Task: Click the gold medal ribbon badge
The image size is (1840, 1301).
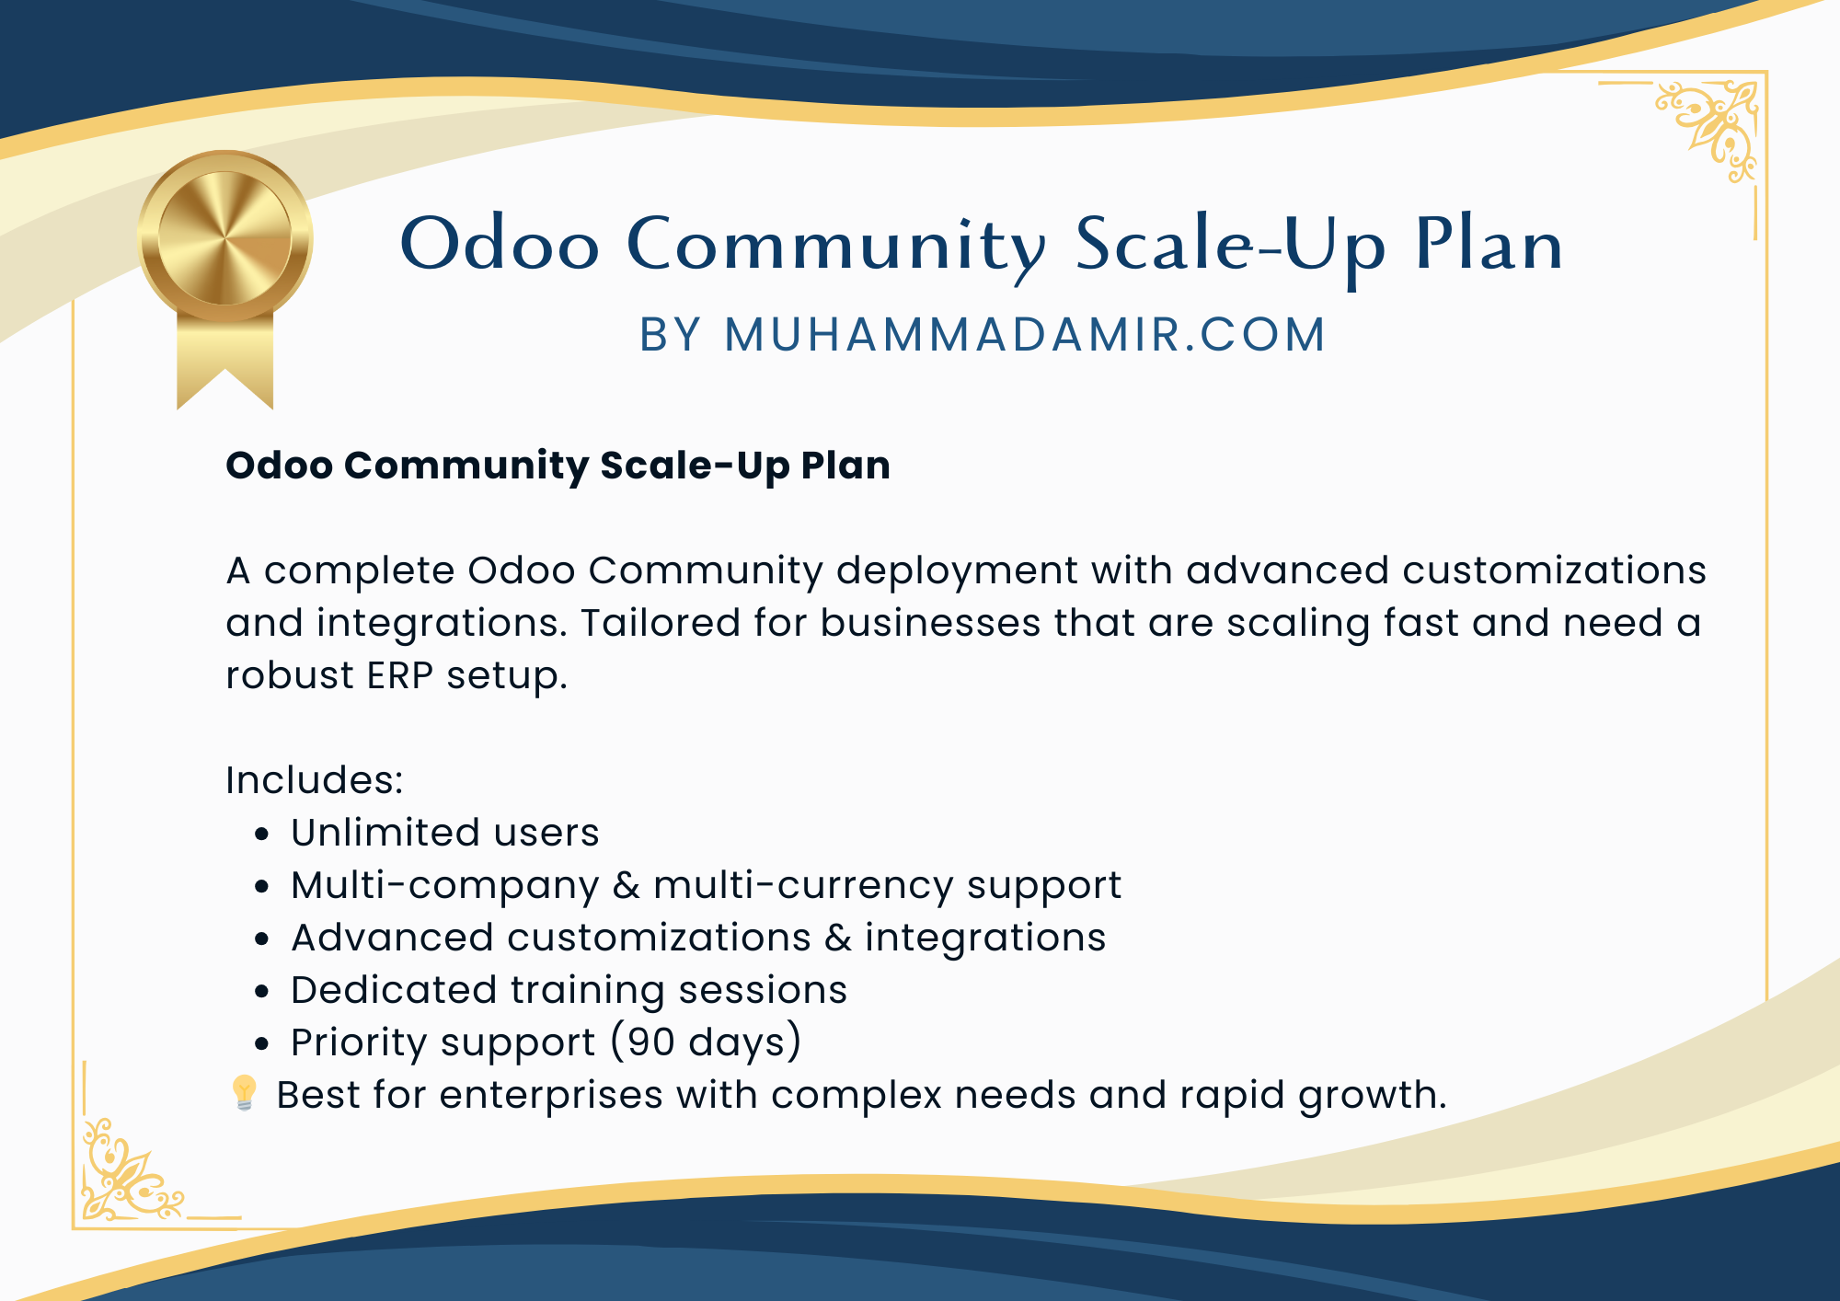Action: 224,276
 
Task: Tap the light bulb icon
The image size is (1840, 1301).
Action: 244,1093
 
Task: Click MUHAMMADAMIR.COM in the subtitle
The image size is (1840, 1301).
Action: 1025,334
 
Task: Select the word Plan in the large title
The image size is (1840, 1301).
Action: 1489,245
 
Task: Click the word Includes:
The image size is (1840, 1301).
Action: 315,780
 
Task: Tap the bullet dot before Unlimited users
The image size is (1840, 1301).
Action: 263,835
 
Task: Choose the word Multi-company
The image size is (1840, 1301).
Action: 445,886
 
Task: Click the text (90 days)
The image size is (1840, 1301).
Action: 707,1042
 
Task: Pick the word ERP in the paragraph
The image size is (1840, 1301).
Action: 400,675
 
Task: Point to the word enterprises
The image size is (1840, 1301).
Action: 551,1096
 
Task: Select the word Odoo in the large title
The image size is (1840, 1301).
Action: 500,245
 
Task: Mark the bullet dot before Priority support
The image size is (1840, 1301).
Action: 263,1044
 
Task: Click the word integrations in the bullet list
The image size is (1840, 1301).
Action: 985,938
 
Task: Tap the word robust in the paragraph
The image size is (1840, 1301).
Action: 290,675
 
